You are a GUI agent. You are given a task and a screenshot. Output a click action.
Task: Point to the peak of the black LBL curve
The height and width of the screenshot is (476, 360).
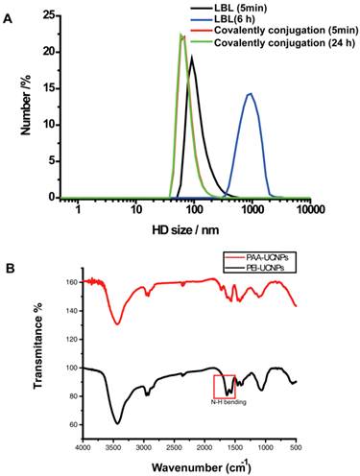[x=192, y=57]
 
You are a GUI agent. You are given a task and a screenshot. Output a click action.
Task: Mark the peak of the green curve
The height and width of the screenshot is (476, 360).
[x=180, y=35]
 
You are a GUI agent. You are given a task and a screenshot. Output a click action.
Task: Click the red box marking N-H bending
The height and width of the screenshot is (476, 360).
[x=225, y=385]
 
